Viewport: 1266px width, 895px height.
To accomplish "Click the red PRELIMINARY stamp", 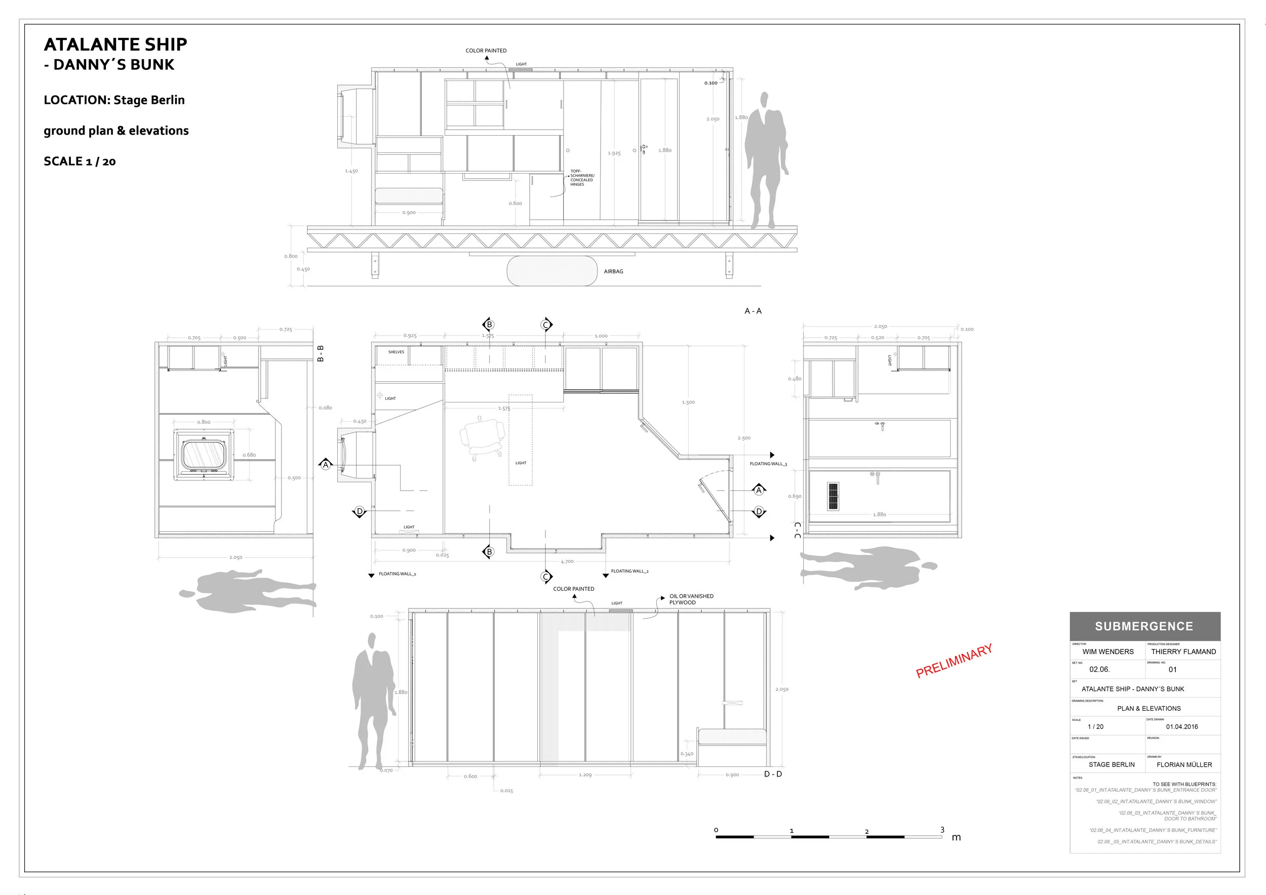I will click(954, 660).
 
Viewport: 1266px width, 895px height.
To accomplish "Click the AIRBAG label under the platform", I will click(613, 271).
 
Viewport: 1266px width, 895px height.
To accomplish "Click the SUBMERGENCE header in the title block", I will click(1144, 627).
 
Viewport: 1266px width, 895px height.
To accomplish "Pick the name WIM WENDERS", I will click(1108, 652).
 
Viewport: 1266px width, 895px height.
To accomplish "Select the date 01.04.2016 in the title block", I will click(1181, 726).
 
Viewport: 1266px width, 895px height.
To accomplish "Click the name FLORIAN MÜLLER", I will click(1184, 764).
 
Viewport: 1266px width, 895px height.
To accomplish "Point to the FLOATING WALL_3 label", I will click(768, 464).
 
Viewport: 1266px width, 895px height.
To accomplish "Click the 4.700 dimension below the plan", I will click(567, 561).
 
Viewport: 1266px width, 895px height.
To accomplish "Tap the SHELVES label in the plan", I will click(396, 352).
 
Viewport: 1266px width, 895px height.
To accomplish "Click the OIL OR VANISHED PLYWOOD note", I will click(691, 599).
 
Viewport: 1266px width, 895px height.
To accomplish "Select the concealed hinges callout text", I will click(582, 178).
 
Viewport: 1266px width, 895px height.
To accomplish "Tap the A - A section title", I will click(753, 311).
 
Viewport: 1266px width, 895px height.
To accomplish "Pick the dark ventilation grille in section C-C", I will click(833, 496).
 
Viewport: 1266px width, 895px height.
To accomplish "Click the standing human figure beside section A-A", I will click(765, 160).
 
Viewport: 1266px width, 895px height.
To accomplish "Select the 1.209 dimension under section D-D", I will click(585, 775).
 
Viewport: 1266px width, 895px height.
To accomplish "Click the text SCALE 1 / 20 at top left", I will click(80, 161).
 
